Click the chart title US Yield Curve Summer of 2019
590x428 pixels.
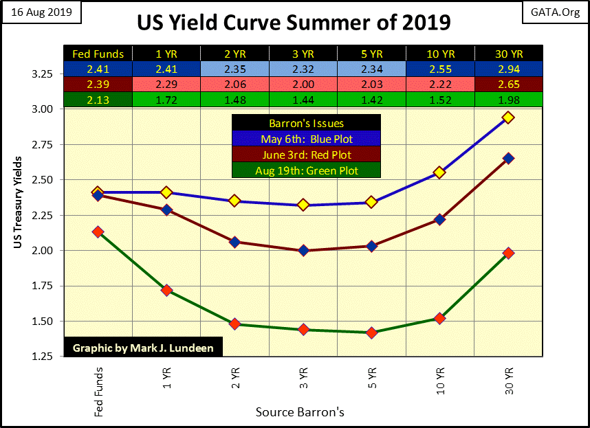point(294,22)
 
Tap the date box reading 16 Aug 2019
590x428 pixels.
point(42,13)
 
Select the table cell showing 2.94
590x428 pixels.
point(508,69)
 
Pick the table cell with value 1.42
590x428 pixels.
point(371,99)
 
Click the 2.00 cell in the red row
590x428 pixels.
point(303,84)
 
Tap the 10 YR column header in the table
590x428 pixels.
point(439,54)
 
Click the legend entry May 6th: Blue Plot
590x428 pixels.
point(306,139)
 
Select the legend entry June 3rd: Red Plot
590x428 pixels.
point(306,155)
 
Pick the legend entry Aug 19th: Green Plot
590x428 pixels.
point(306,170)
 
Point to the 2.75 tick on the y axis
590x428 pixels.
point(43,144)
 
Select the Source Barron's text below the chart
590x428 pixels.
point(300,412)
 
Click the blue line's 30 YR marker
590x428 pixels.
point(508,117)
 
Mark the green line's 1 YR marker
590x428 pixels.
point(166,291)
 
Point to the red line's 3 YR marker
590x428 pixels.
point(303,251)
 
